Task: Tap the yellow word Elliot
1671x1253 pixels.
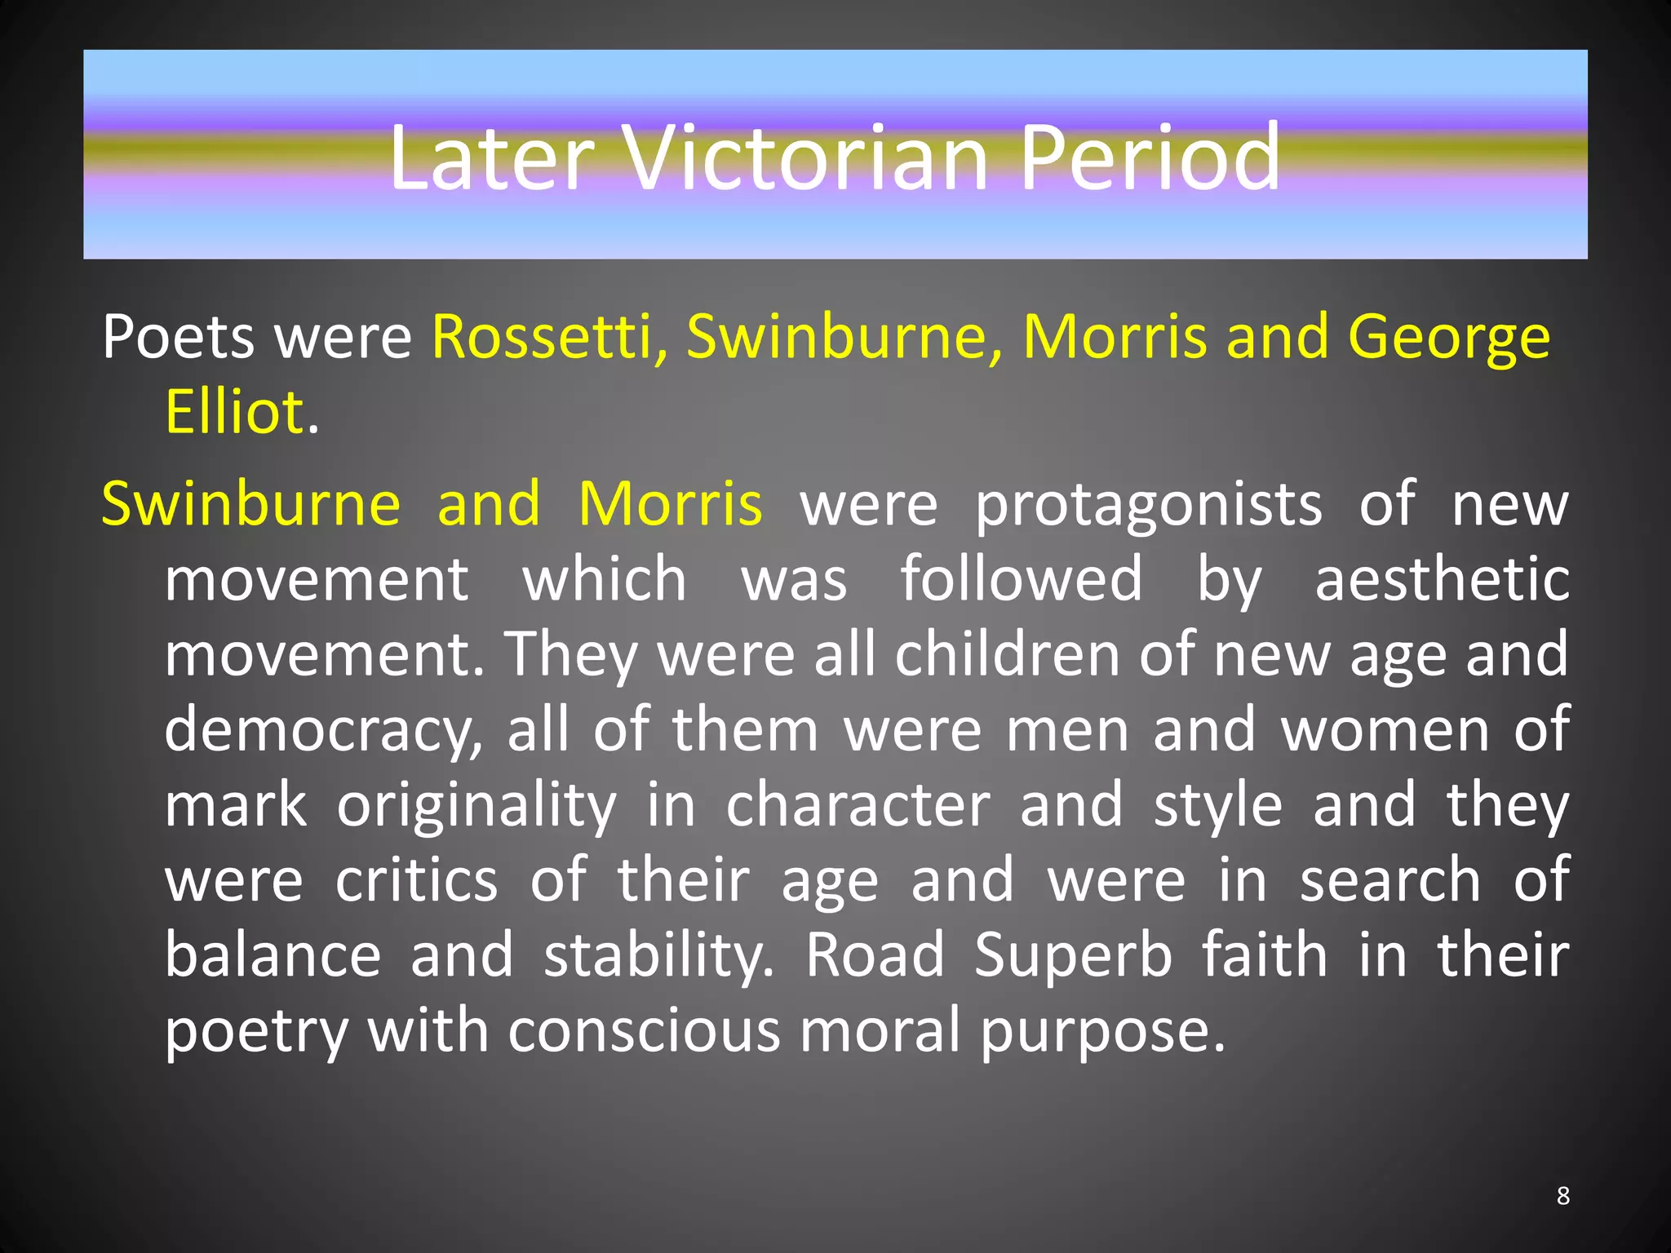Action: (235, 412)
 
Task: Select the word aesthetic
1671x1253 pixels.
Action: (1442, 579)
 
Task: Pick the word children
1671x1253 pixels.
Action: (1008, 654)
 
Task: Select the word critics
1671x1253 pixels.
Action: (416, 880)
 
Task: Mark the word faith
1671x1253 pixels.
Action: (1265, 955)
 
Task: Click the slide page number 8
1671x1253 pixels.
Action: (1562, 1196)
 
